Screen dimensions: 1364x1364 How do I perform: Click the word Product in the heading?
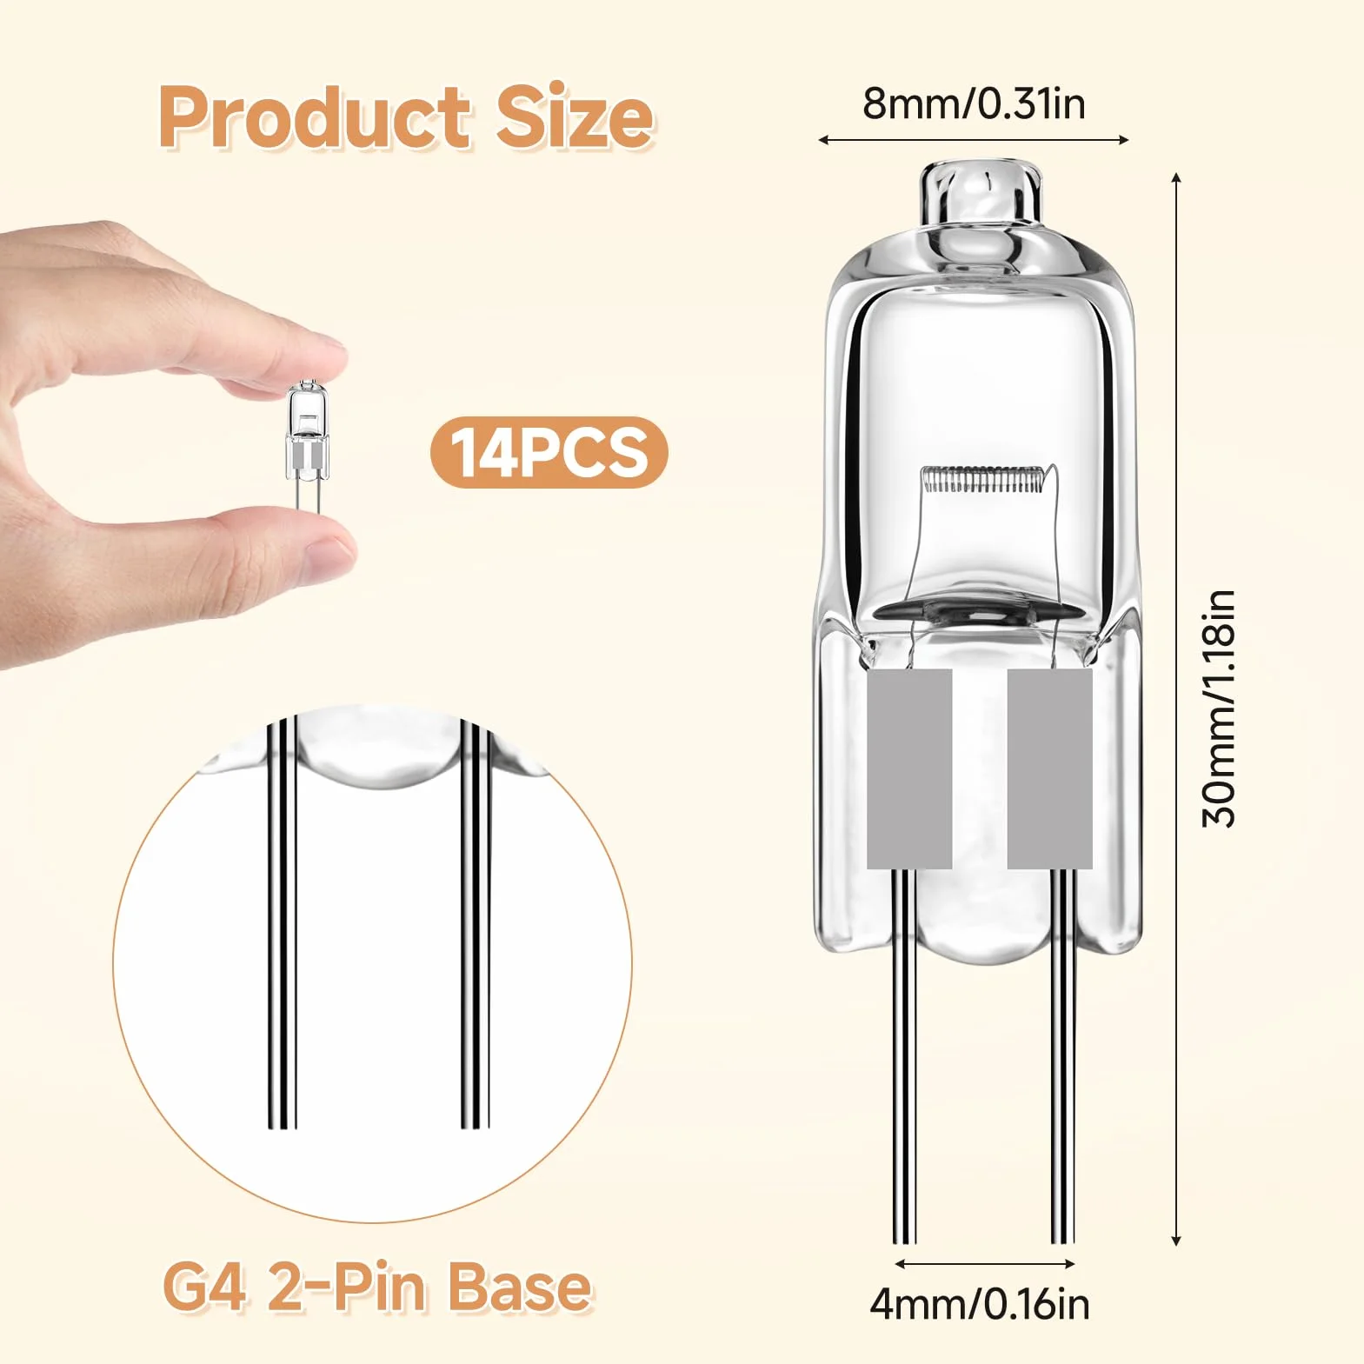(x=315, y=117)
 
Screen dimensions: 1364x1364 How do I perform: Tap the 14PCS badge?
(x=549, y=452)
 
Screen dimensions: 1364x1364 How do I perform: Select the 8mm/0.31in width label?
(x=974, y=103)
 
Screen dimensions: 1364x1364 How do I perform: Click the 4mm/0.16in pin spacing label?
(x=980, y=1305)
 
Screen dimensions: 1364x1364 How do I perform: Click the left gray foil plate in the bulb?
(x=909, y=768)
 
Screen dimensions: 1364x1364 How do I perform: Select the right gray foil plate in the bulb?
(x=1049, y=768)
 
